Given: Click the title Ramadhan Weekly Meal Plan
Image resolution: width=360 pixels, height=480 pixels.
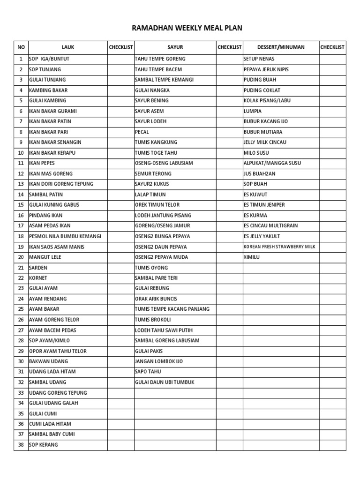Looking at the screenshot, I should click(187, 28).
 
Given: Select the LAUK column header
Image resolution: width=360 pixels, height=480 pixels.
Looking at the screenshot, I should click(68, 47).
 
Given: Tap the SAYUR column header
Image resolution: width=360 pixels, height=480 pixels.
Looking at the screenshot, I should click(175, 47).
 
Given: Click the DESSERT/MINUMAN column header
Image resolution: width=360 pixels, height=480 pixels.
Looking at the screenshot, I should click(281, 47).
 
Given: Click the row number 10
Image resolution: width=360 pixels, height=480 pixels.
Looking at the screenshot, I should click(21, 153).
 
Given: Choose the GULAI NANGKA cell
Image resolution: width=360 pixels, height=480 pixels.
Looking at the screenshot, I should click(152, 90).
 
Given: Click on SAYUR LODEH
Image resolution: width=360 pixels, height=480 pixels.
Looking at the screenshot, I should click(150, 121).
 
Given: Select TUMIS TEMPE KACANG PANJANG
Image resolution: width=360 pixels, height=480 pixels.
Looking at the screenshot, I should click(172, 309).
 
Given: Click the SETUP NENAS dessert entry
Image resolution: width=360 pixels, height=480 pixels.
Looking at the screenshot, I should click(259, 59).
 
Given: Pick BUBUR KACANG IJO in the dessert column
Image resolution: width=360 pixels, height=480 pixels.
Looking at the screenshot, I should click(266, 121).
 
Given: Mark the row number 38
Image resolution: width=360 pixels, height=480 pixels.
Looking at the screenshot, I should click(21, 444).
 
